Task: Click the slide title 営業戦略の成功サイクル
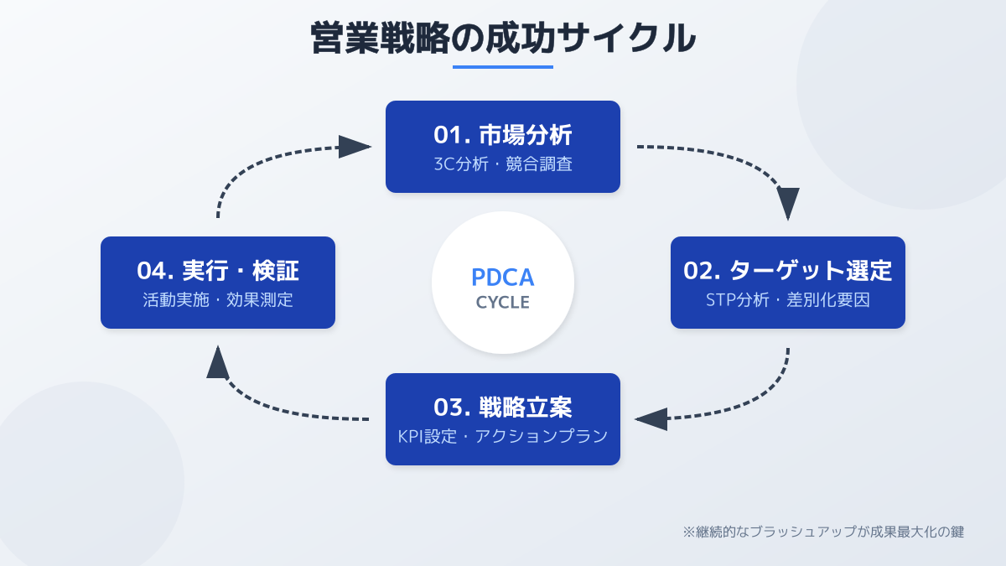(x=503, y=38)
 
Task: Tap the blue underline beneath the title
(x=503, y=67)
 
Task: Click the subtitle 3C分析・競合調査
(x=503, y=164)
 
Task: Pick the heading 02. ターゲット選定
(x=788, y=270)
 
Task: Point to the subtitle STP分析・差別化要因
(x=788, y=300)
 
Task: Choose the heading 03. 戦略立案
(x=503, y=407)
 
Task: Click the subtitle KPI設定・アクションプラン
(x=503, y=437)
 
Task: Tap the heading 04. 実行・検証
(x=218, y=270)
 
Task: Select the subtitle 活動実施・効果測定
(x=218, y=300)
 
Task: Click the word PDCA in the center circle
(x=503, y=277)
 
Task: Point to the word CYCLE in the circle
(x=503, y=303)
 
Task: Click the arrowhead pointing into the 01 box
(x=355, y=147)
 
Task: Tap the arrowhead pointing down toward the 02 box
(x=788, y=204)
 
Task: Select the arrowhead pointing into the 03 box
(x=651, y=418)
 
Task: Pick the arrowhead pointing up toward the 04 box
(x=218, y=361)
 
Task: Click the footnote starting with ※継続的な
(x=823, y=532)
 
